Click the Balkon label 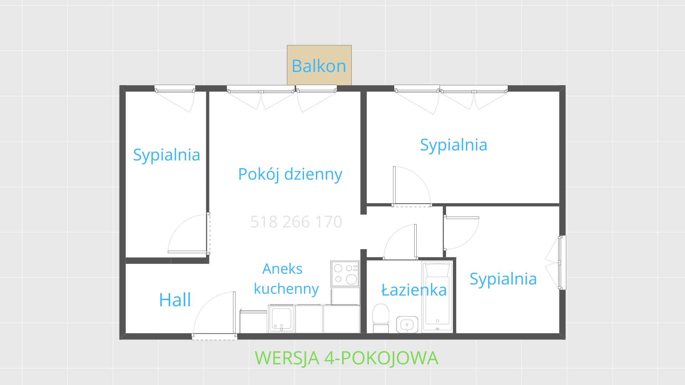[319, 66]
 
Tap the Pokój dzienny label [290, 174]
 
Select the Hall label [175, 300]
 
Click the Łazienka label [414, 290]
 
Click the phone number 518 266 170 [296, 222]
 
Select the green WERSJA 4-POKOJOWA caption [346, 358]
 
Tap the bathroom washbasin [407, 324]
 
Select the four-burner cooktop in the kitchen [345, 274]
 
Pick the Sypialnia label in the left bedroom [166, 155]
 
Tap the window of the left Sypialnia [175, 89]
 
